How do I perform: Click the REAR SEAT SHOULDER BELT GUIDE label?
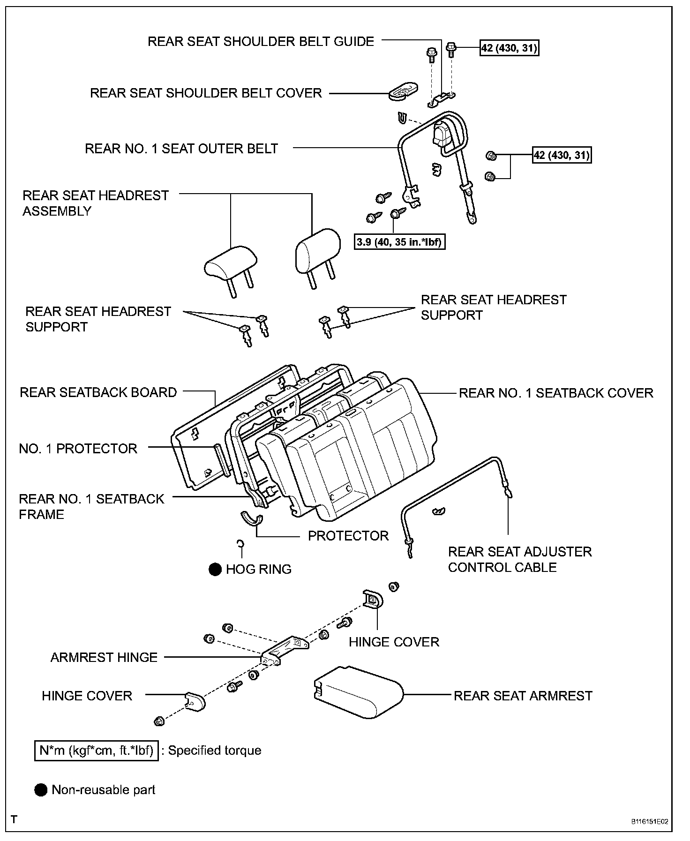tap(261, 42)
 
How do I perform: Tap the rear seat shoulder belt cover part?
tap(403, 92)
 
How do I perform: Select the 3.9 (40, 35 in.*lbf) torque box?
tap(399, 242)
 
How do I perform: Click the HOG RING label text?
tap(258, 569)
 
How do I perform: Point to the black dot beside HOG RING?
tap(215, 569)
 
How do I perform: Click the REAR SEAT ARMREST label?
tap(523, 696)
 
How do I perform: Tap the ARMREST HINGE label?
tap(104, 657)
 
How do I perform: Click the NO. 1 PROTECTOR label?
tap(78, 449)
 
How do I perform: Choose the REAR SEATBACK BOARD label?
tap(98, 392)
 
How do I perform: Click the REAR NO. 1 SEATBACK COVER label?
tap(555, 393)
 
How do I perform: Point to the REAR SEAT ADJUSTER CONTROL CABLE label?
tap(519, 559)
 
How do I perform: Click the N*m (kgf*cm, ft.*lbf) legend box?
tap(96, 751)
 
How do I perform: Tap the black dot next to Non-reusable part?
tap(41, 790)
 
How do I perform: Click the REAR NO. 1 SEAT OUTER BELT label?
tap(181, 149)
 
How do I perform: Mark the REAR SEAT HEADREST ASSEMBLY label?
tap(95, 203)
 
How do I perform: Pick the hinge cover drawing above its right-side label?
tap(373, 600)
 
